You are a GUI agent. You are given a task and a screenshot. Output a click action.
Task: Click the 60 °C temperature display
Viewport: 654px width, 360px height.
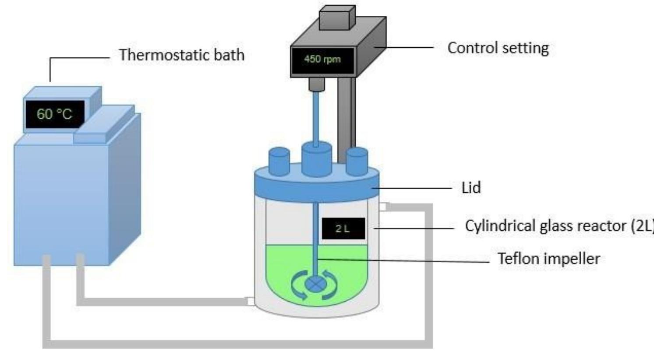coord(55,114)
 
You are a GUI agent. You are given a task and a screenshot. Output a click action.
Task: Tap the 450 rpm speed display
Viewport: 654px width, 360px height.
coord(322,59)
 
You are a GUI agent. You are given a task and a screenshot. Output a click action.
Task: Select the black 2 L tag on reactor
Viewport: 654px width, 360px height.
coord(343,228)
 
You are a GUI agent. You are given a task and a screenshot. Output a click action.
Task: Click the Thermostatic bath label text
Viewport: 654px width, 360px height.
coord(182,55)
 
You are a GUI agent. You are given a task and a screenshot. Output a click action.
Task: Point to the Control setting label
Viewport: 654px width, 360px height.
coord(498,48)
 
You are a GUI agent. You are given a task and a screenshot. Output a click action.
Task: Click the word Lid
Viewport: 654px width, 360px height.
coord(471,187)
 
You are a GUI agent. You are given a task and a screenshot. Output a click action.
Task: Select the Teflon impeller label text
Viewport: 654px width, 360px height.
coord(548,258)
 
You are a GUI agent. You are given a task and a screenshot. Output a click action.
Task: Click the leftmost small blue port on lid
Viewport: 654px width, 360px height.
coord(279,162)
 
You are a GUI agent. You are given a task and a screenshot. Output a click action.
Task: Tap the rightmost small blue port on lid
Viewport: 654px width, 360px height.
coord(357,162)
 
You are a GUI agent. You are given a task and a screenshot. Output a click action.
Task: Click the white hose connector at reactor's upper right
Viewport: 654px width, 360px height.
coord(384,206)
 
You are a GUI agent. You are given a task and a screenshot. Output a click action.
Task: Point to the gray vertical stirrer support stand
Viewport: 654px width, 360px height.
coord(346,118)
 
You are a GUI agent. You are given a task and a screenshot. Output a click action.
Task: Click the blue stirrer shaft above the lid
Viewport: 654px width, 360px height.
coord(316,116)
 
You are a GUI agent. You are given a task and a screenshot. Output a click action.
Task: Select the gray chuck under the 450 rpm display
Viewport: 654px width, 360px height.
coord(316,84)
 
